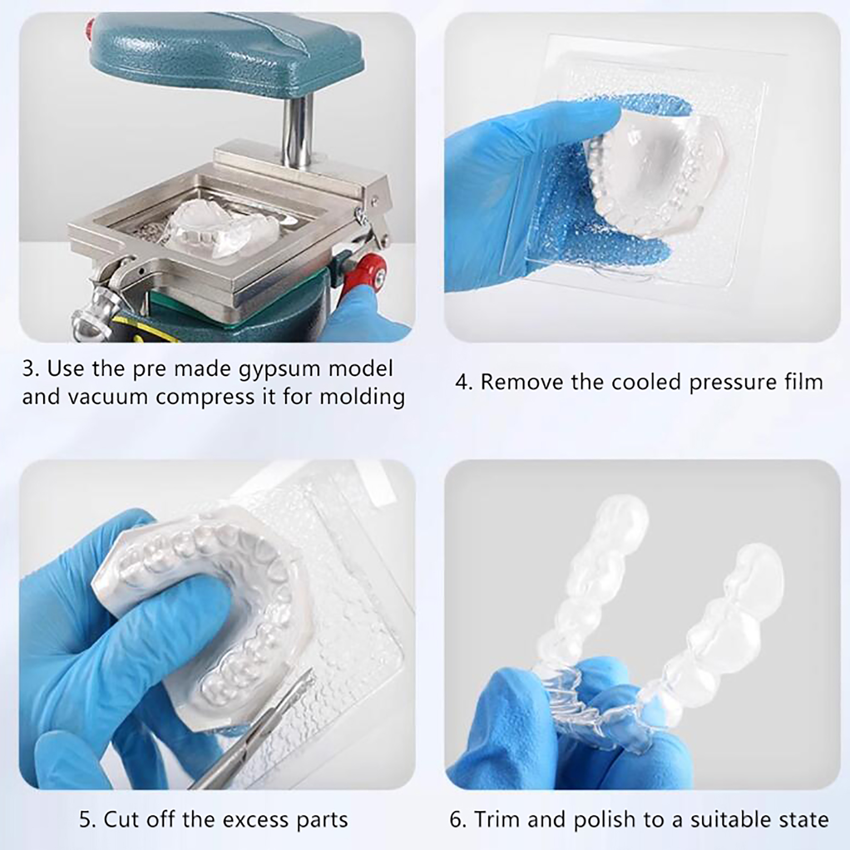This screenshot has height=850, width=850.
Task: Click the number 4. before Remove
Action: (464, 382)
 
